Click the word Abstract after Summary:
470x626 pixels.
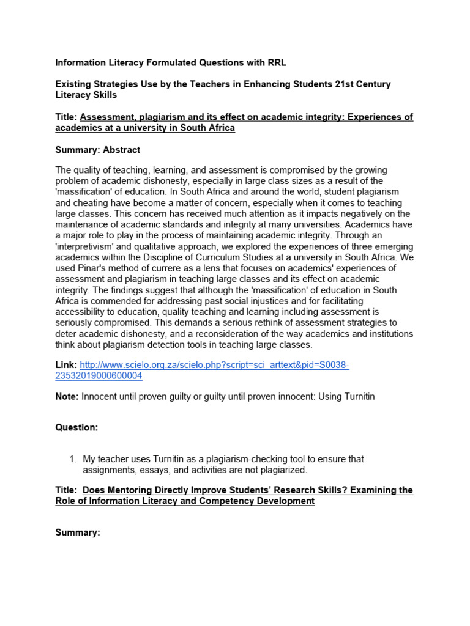(x=121, y=150)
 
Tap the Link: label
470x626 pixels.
(x=66, y=365)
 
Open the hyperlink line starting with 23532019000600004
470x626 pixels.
(x=99, y=376)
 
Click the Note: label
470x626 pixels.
(x=67, y=397)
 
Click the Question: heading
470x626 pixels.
(x=76, y=428)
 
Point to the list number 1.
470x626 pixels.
(x=72, y=459)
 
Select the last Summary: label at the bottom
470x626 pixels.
(x=77, y=533)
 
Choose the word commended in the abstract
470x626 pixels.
(x=113, y=301)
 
